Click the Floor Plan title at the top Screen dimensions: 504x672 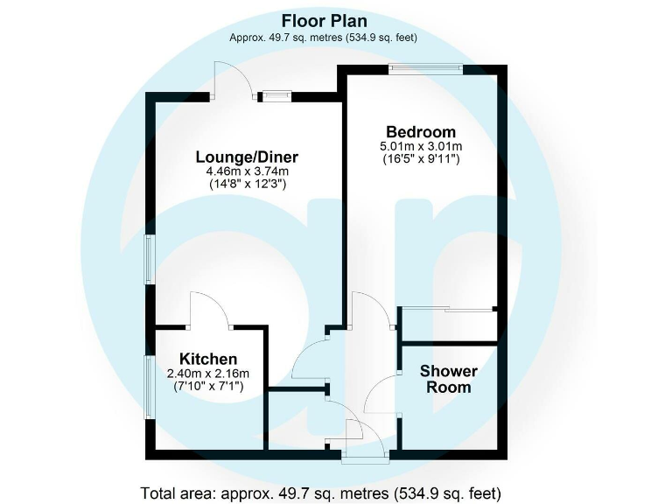[x=323, y=20]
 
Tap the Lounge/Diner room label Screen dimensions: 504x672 [x=247, y=157]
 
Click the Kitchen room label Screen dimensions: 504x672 [x=208, y=359]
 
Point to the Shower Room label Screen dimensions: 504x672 [x=448, y=379]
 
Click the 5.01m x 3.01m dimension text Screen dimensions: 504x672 [x=420, y=146]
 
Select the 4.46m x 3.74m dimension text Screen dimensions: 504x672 [x=247, y=172]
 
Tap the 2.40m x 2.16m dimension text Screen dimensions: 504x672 [x=208, y=374]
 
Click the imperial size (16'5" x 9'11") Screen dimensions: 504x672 [x=420, y=160]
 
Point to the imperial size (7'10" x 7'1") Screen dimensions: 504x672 [x=208, y=387]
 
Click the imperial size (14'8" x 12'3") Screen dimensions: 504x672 [x=247, y=185]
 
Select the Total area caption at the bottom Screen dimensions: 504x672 [x=321, y=492]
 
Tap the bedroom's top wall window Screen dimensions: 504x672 [x=426, y=70]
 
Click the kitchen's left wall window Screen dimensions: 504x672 [x=150, y=386]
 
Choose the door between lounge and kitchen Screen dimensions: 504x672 [x=210, y=311]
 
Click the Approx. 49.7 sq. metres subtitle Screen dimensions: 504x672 [x=323, y=38]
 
